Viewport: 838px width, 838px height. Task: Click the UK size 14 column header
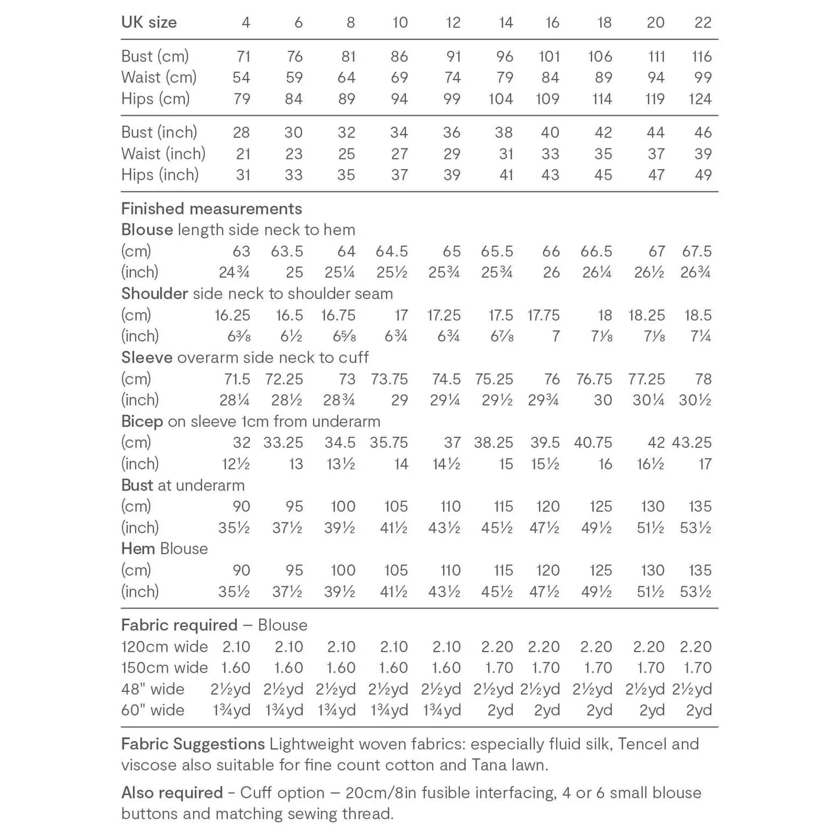505,23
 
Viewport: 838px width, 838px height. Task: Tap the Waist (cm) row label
158,77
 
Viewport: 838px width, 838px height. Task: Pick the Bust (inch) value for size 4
241,132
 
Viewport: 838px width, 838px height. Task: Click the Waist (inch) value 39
703,154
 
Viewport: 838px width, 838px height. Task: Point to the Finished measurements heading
211,209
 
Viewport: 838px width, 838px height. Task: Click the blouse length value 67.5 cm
696,251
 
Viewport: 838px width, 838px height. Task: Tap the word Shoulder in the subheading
154,293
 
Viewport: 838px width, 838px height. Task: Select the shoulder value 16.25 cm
232,315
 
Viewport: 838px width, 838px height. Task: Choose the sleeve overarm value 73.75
389,379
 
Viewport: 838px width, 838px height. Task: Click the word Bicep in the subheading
142,421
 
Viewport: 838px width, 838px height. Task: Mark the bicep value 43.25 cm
692,442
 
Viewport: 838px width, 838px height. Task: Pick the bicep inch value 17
705,464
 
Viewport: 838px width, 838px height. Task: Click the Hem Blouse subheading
164,549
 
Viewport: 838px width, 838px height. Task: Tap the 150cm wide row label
164,668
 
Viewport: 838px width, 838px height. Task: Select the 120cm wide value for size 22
695,647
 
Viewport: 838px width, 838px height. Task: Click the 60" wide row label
153,710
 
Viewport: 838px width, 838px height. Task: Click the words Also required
172,793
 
